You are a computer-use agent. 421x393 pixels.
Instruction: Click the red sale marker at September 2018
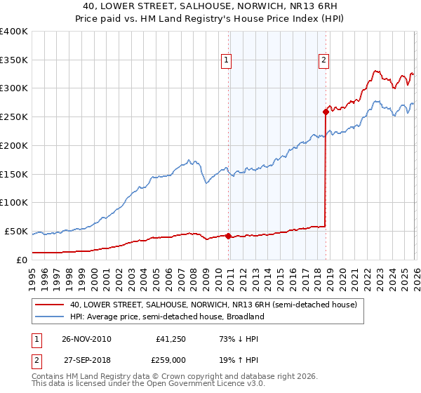click(x=326, y=111)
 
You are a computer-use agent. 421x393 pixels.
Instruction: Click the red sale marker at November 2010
click(x=229, y=236)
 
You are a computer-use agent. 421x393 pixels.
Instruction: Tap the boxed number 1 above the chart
click(x=227, y=61)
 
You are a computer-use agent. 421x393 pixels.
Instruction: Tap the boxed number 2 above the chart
click(x=323, y=61)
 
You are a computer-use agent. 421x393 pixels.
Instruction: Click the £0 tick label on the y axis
click(x=21, y=260)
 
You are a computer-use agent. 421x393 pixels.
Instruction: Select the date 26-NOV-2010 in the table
click(x=86, y=338)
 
